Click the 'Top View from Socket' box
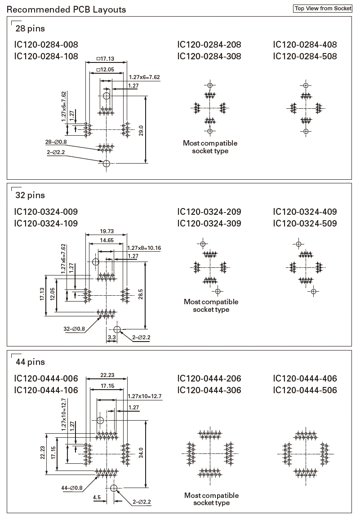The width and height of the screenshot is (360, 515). pyautogui.click(x=322, y=9)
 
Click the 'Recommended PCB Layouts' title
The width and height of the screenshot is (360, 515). pyautogui.click(x=67, y=9)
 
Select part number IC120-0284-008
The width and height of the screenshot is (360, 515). pyautogui.click(x=46, y=44)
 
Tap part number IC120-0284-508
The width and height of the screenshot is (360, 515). pyautogui.click(x=305, y=56)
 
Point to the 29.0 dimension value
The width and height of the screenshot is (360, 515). pyautogui.click(x=141, y=131)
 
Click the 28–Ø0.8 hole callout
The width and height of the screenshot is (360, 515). pyautogui.click(x=56, y=142)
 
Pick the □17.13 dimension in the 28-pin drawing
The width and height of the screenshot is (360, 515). pyautogui.click(x=106, y=58)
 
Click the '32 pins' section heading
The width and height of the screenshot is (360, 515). pyautogui.click(x=30, y=195)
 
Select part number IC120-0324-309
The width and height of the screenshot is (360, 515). pyautogui.click(x=209, y=223)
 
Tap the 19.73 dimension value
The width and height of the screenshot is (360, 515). pyautogui.click(x=107, y=231)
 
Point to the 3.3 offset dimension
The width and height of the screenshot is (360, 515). pyautogui.click(x=111, y=337)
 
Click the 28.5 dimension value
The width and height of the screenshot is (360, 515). pyautogui.click(x=141, y=294)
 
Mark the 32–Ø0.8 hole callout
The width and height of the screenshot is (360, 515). pyautogui.click(x=74, y=329)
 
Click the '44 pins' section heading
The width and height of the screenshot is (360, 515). pyautogui.click(x=30, y=362)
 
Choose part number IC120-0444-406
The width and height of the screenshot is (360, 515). pyautogui.click(x=305, y=378)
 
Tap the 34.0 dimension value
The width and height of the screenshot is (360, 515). pyautogui.click(x=141, y=453)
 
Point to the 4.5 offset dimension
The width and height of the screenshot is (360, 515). pyautogui.click(x=97, y=497)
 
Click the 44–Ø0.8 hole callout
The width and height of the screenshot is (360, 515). pyautogui.click(x=72, y=488)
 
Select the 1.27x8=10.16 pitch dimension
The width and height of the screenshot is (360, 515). pyautogui.click(x=144, y=248)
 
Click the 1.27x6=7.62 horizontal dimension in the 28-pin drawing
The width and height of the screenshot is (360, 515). pyautogui.click(x=144, y=77)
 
